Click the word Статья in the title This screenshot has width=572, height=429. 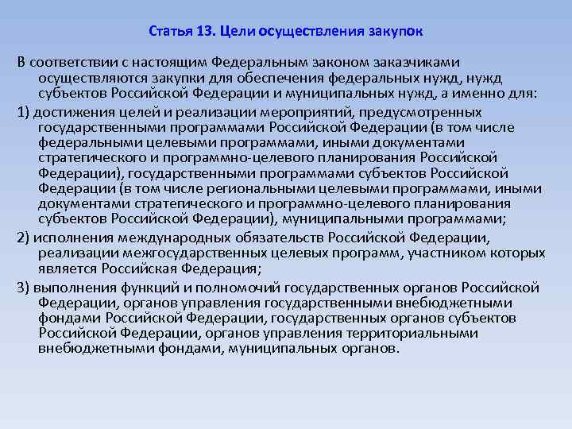click(x=168, y=33)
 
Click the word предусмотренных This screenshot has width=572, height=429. click(x=409, y=111)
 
